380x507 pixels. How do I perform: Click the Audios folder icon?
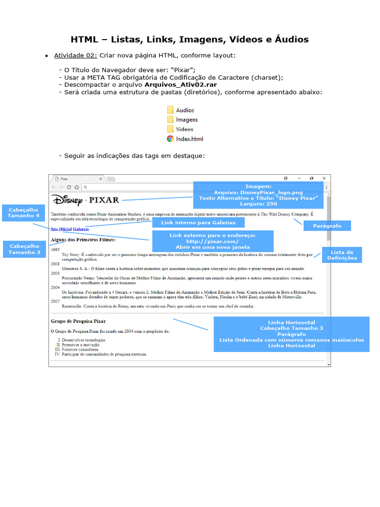(170, 110)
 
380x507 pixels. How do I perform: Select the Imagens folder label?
(187, 120)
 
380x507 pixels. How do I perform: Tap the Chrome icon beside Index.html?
(170, 139)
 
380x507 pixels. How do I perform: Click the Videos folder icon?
(170, 129)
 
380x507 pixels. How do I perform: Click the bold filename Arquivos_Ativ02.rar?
(181, 85)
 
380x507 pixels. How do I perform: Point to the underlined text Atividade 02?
(76, 55)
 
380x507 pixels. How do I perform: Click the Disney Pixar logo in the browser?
(86, 200)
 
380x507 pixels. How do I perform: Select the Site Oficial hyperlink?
(61, 229)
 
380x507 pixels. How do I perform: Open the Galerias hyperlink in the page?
(81, 229)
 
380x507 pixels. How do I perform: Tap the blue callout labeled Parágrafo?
(327, 226)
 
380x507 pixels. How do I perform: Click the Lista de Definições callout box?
(342, 255)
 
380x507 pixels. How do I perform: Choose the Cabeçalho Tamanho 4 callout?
(24, 213)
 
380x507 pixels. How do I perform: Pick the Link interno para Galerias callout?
(198, 223)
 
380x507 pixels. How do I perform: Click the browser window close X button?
(324, 178)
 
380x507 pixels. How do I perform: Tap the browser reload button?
(69, 187)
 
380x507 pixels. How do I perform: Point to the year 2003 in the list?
(55, 273)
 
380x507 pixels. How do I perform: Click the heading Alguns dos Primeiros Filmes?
(83, 240)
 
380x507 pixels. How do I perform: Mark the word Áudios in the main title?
(289, 40)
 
